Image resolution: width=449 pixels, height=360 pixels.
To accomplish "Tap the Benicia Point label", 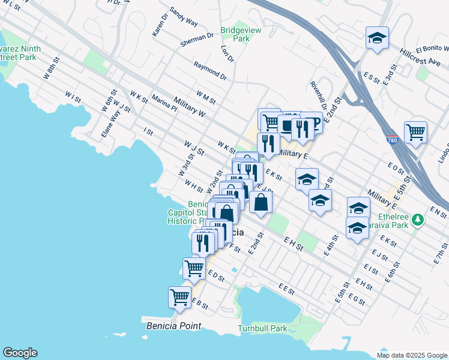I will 173,326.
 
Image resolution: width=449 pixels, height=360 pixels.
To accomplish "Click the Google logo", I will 20,353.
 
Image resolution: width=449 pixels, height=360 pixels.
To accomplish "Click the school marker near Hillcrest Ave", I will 376,38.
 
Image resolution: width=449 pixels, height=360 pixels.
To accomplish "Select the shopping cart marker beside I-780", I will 415,131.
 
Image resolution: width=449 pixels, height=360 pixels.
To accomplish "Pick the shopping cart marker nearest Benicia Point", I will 180,297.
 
